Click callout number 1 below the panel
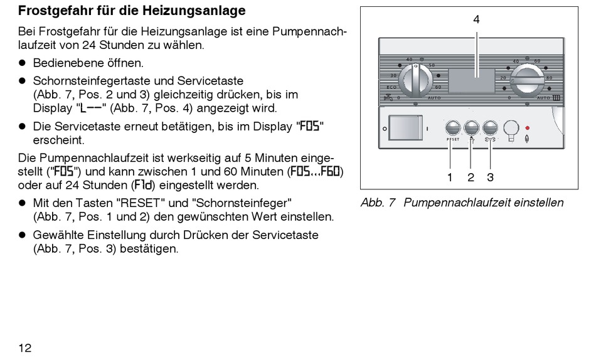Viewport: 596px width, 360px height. click(x=449, y=177)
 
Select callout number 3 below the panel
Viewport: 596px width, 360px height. click(x=491, y=177)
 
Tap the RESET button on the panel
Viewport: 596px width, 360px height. click(x=452, y=127)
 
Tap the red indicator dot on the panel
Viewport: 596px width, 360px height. click(x=528, y=127)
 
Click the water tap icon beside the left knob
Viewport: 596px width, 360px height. click(x=387, y=98)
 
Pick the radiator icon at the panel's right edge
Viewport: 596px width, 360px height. click(x=556, y=98)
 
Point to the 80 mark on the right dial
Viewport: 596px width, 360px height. click(x=550, y=78)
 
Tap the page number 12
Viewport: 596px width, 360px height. click(x=25, y=347)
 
